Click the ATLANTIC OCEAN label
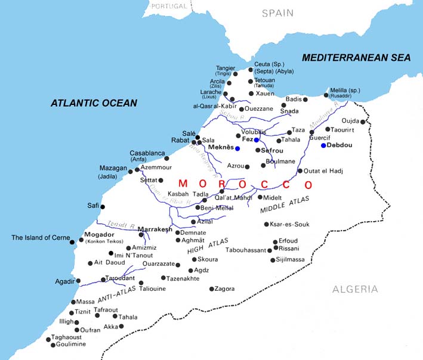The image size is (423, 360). click(x=94, y=103)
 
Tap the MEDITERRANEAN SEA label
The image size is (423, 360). click(x=356, y=58)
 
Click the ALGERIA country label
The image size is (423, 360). click(x=355, y=289)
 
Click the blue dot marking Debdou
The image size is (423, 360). click(x=323, y=145)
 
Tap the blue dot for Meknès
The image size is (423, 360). click(x=237, y=148)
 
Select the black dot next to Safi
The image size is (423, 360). click(x=103, y=207)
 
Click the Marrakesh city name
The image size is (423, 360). click(x=155, y=229)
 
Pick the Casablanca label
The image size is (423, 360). click(x=147, y=153)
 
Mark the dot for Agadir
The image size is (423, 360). click(x=78, y=281)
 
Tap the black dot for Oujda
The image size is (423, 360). click(x=362, y=122)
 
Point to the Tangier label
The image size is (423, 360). click(x=225, y=68)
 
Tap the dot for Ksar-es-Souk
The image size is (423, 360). click(x=266, y=224)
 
